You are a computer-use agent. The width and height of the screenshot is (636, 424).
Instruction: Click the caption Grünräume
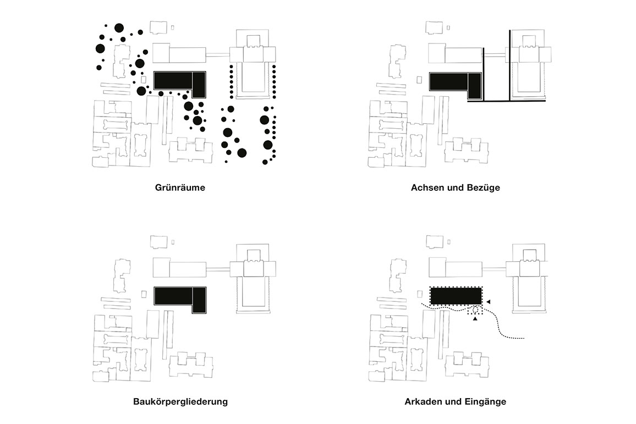tap(180, 188)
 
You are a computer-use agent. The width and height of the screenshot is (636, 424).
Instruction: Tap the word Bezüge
tap(484, 188)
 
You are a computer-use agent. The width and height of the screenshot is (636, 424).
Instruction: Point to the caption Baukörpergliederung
tap(180, 401)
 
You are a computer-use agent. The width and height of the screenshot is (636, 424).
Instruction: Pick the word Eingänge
tap(486, 402)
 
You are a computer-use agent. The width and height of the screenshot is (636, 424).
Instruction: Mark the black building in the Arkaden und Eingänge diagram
tap(456, 296)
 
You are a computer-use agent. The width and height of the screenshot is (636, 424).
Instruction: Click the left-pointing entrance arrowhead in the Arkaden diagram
tap(489, 302)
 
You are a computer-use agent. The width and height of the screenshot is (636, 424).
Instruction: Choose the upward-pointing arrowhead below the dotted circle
tap(475, 319)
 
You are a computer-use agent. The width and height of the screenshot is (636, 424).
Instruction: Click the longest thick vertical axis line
tap(509, 65)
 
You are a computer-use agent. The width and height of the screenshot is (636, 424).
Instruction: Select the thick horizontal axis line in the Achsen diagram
tap(506, 101)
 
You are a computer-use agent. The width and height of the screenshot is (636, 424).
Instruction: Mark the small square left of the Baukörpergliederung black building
tap(144, 294)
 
